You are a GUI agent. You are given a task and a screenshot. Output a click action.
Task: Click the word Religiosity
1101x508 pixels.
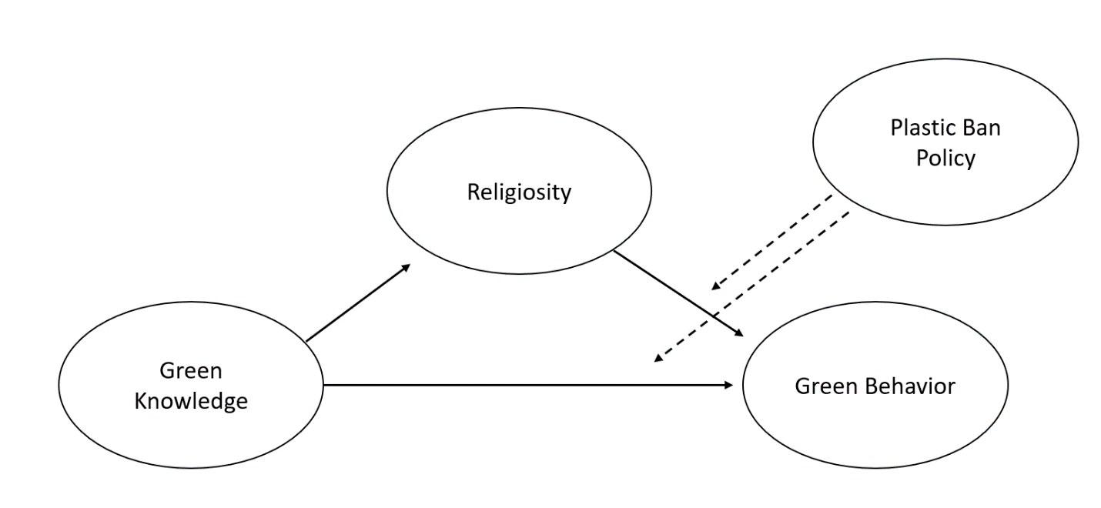click(519, 192)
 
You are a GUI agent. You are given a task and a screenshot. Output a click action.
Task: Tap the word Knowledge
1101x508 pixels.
click(191, 401)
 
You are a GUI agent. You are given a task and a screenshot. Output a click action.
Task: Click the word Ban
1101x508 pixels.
click(979, 127)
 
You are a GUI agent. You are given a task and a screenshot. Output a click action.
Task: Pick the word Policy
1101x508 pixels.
click(945, 158)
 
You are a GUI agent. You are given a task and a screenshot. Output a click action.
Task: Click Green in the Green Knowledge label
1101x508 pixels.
click(191, 371)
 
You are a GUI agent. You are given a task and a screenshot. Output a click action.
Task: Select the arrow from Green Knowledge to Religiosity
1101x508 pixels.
click(358, 302)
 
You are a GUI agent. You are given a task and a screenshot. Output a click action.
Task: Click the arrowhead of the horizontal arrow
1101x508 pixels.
click(729, 384)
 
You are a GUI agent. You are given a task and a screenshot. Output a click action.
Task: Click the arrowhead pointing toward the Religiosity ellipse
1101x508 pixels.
click(407, 267)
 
